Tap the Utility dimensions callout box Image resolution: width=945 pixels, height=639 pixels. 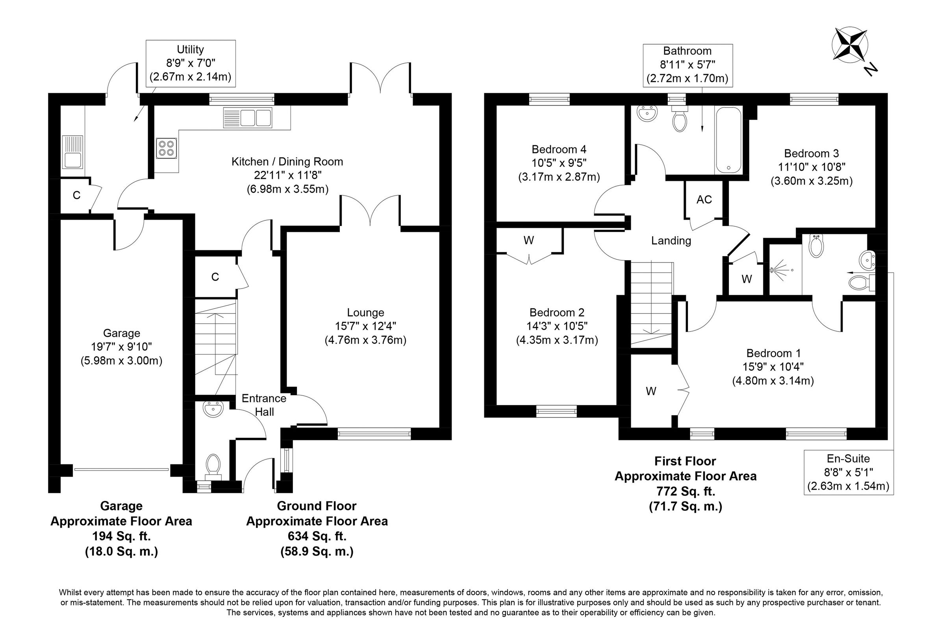point(190,63)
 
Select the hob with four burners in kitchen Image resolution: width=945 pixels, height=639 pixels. point(166,149)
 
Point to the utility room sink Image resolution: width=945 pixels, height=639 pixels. point(72,152)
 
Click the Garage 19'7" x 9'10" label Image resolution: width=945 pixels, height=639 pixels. point(121,347)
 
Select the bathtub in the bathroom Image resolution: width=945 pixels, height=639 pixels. point(728,140)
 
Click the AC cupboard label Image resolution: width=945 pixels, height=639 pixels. point(704,199)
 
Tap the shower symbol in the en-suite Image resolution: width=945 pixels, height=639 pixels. point(781,270)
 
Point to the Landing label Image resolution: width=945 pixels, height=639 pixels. point(671,240)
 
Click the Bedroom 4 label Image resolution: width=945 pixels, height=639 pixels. point(559,163)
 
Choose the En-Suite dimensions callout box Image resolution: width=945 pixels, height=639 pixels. point(848,472)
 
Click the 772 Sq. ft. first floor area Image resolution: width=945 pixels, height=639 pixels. point(686,491)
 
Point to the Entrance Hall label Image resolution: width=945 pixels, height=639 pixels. point(264,405)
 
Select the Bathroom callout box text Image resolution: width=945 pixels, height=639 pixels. point(687,65)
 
